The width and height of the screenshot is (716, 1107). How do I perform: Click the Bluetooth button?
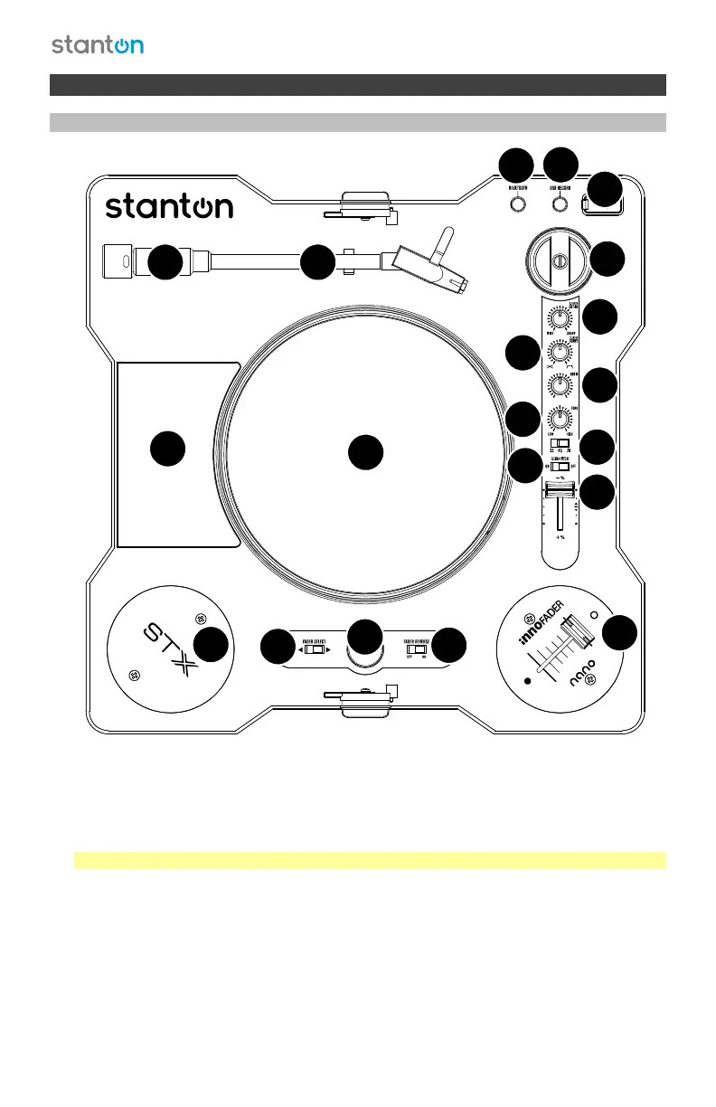point(516,203)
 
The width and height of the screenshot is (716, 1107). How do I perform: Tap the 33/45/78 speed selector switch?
point(561,444)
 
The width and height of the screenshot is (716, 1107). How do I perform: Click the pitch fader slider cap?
point(560,490)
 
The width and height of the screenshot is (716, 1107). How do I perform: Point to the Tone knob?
point(561,419)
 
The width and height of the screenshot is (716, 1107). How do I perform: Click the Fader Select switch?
point(314,648)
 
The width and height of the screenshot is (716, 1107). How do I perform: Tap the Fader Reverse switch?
point(416,648)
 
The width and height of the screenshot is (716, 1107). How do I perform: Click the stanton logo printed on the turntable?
point(169,207)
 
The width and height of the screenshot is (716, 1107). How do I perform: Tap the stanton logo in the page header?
point(97,45)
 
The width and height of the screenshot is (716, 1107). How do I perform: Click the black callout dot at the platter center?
point(365,451)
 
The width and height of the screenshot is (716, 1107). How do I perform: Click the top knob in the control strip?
point(561,318)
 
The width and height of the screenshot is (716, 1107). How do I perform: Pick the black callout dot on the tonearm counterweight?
point(165,261)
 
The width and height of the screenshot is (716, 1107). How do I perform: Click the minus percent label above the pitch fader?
point(561,478)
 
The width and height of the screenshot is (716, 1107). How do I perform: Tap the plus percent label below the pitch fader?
point(561,537)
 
